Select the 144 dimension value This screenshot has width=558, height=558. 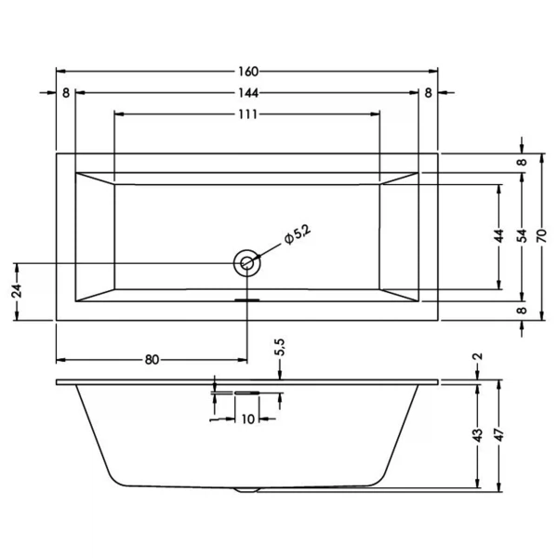pyautogui.click(x=247, y=93)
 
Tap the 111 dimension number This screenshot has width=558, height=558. pyautogui.click(x=247, y=114)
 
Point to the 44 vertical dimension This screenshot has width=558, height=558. pyautogui.click(x=499, y=236)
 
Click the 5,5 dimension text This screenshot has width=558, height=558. pyautogui.click(x=280, y=350)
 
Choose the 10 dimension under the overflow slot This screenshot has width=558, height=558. pyautogui.click(x=247, y=419)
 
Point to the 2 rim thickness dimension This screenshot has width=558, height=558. pyautogui.click(x=477, y=357)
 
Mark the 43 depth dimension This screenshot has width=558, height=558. pyautogui.click(x=477, y=434)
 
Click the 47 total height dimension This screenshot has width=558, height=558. pyautogui.click(x=500, y=434)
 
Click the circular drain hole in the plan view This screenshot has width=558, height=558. pyautogui.click(x=247, y=263)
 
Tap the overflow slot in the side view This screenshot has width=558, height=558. pyautogui.click(x=247, y=393)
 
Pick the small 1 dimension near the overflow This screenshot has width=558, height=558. pyautogui.click(x=214, y=419)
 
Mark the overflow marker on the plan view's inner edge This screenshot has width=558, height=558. pyautogui.click(x=247, y=300)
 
